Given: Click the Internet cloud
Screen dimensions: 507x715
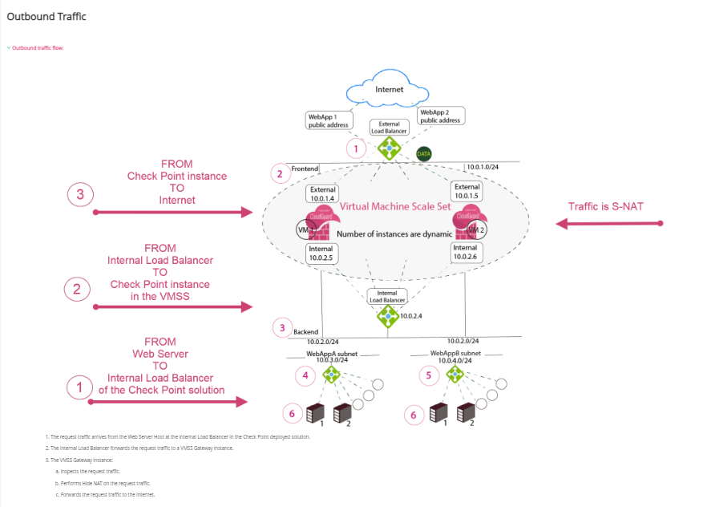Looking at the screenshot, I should (390, 90).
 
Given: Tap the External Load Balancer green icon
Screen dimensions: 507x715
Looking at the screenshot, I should (390, 148).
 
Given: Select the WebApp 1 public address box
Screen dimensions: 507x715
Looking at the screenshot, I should (328, 120).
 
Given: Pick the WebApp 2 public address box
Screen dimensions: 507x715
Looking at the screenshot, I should (441, 116).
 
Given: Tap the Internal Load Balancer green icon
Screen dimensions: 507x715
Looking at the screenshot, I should (388, 315).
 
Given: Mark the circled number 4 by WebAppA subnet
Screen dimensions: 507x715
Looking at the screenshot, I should (305, 374).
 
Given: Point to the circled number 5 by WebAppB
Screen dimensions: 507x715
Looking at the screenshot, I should (429, 374).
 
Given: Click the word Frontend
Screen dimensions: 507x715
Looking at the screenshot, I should (305, 169).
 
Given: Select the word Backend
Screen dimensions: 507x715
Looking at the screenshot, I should (306, 331).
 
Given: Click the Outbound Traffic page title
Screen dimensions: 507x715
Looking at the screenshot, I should (46, 16).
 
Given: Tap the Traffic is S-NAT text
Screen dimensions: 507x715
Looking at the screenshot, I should (606, 206).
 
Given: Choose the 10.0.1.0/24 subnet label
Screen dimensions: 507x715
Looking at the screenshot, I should (483, 168).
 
